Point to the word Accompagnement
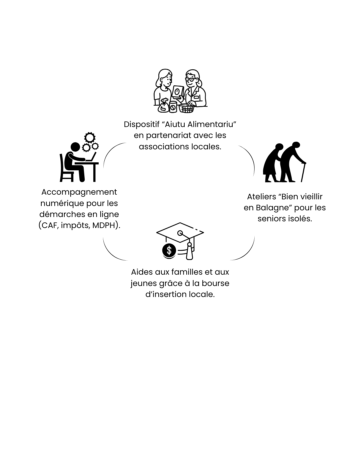(x=79, y=192)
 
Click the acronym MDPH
(x=103, y=225)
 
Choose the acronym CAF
(x=50, y=225)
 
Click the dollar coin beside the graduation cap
(x=169, y=250)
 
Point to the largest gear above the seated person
(x=89, y=138)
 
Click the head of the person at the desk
(x=75, y=147)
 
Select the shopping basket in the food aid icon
(x=187, y=108)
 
